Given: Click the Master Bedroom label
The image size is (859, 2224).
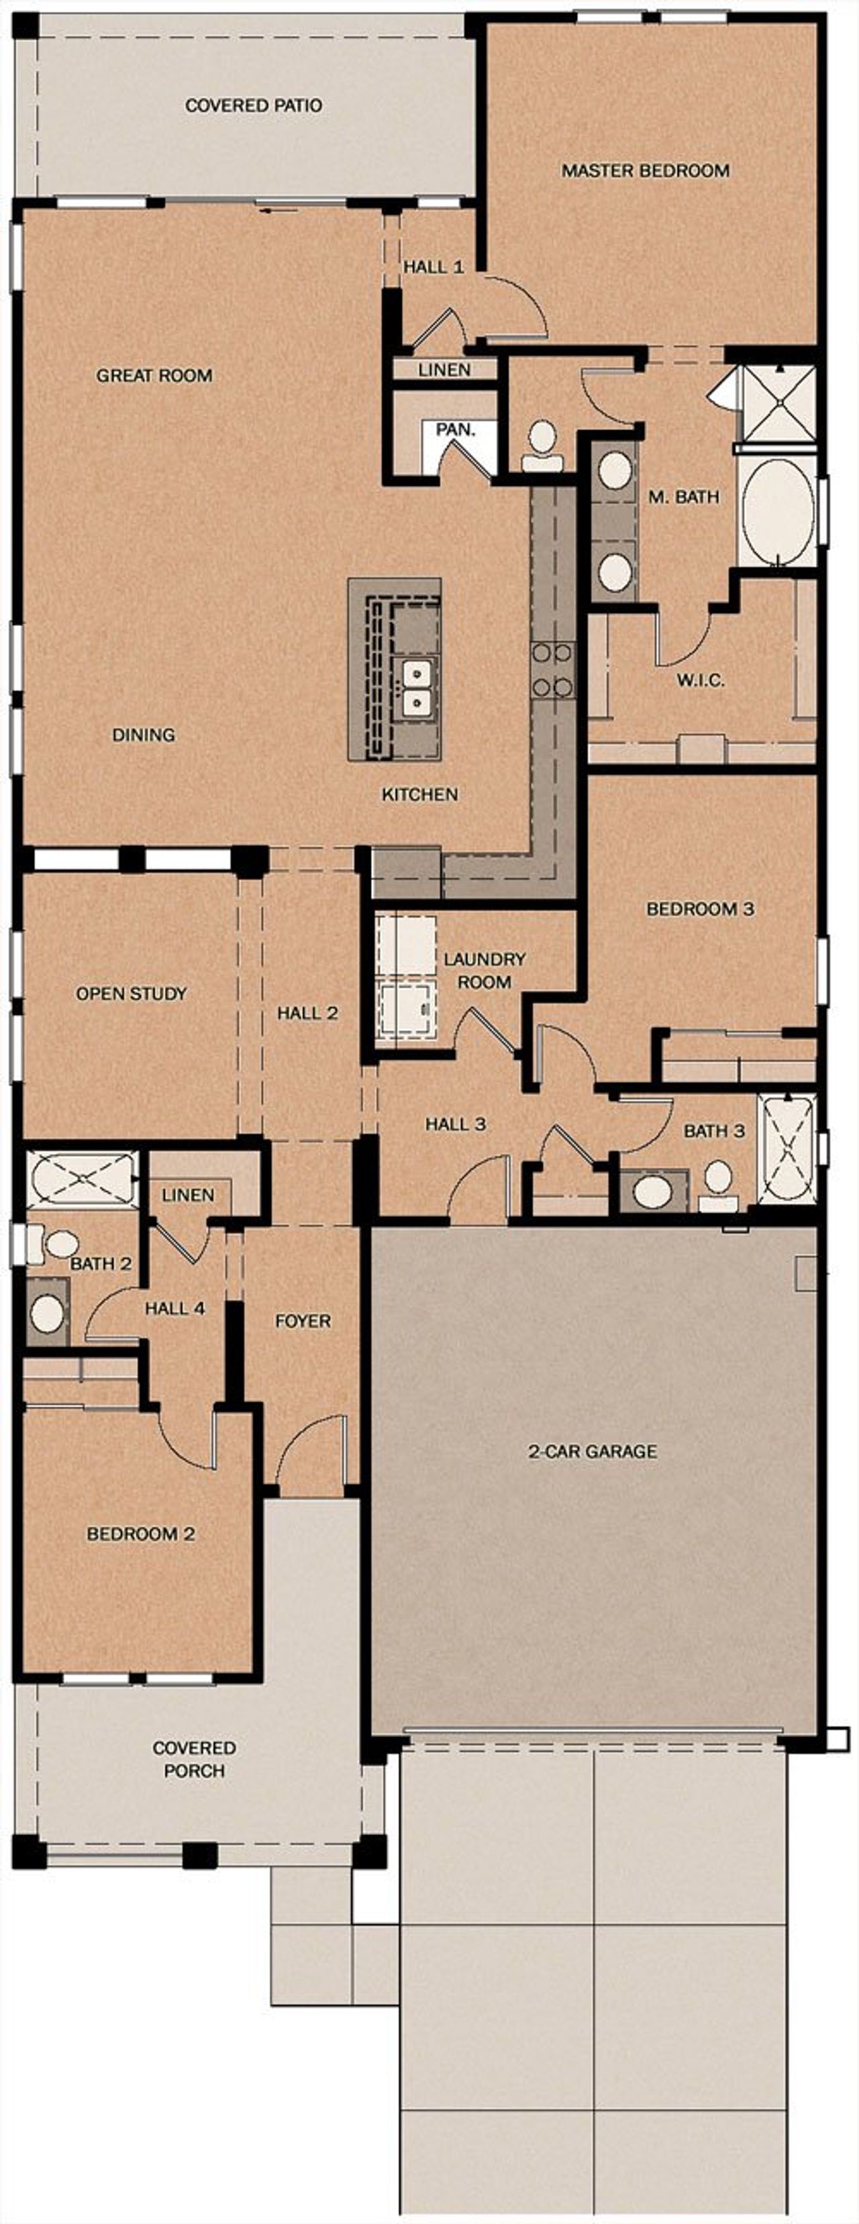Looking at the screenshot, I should tap(645, 171).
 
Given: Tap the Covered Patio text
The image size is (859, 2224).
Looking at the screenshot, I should tap(254, 105).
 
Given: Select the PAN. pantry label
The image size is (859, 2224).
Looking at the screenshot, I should tap(455, 429).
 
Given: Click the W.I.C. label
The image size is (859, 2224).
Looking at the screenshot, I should tap(700, 680).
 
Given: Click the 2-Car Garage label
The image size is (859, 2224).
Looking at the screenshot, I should tap(592, 1451).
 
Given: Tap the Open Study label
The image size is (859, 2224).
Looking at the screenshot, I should tap(132, 994).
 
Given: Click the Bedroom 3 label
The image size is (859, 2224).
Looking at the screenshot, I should tap(700, 909).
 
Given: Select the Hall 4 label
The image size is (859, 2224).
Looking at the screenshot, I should tap(174, 1309).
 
